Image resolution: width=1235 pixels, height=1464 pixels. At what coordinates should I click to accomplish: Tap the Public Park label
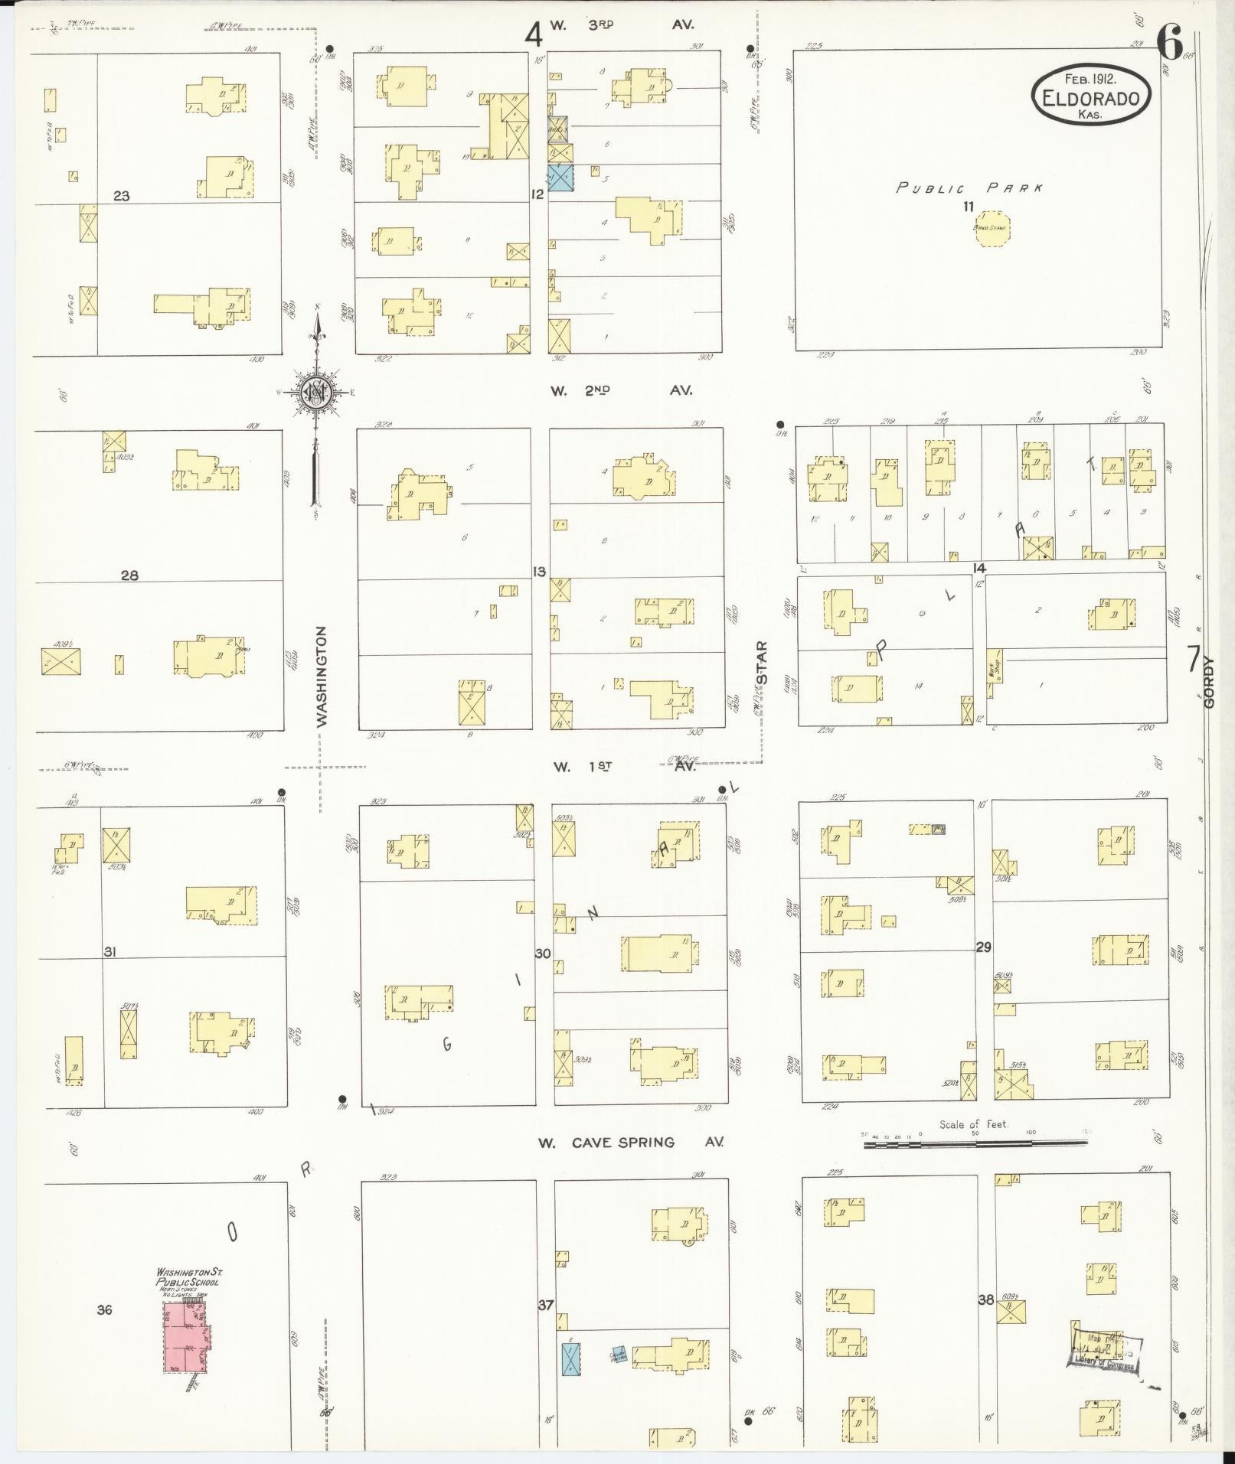(x=969, y=187)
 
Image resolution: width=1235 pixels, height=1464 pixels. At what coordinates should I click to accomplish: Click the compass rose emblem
(x=315, y=393)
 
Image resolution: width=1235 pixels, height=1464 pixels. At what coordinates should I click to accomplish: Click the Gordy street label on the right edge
(x=1209, y=683)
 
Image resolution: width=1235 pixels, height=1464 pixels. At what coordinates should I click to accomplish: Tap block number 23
(x=121, y=196)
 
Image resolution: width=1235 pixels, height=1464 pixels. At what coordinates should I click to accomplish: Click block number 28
(x=129, y=575)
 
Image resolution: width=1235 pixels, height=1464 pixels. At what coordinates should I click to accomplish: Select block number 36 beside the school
(x=104, y=1309)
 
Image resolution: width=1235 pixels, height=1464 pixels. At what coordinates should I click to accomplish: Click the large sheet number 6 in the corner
(x=1169, y=42)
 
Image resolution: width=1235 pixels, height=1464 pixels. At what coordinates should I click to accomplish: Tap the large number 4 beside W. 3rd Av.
(x=533, y=34)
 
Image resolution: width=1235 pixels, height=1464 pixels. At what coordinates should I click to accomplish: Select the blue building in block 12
(x=560, y=178)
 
